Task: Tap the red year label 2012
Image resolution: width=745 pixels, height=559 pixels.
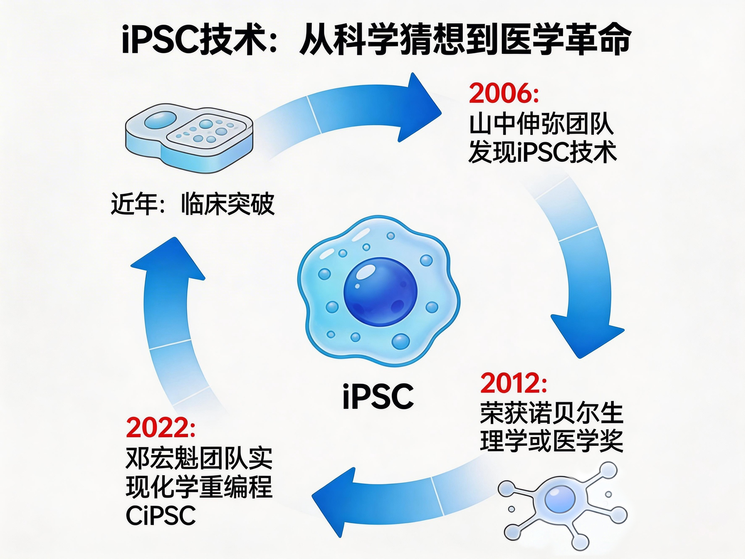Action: point(513,383)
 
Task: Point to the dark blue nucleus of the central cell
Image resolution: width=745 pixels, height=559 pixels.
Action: point(380,290)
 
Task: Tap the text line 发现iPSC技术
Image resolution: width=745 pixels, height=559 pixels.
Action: point(542,153)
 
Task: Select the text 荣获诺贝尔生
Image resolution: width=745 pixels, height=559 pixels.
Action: point(551,412)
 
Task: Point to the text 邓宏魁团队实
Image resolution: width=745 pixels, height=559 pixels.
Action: point(199,458)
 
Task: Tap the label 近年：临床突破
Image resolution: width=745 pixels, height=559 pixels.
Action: point(193,204)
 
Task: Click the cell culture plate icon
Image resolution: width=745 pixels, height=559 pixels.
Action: point(189,133)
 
